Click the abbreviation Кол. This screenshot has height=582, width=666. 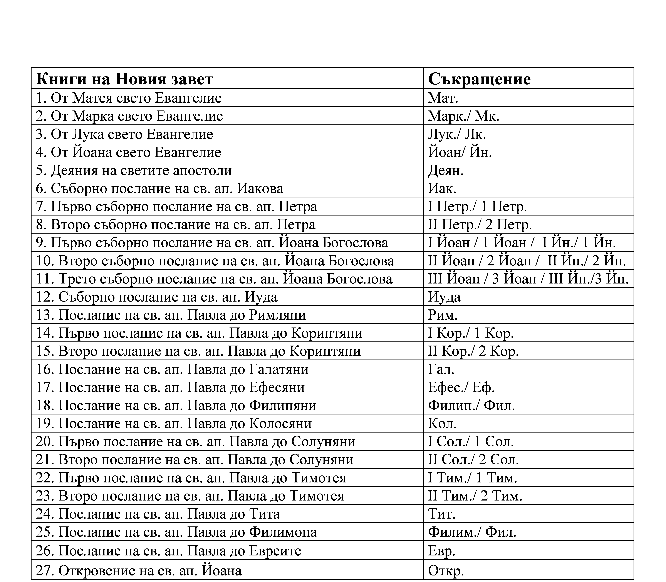(442, 424)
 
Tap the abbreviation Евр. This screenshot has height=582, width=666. (441, 550)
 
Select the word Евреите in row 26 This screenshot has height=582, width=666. (275, 550)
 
